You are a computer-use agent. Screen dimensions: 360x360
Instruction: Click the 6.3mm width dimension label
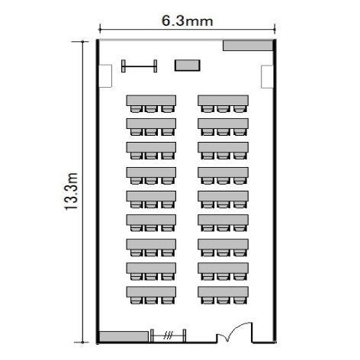click(x=187, y=21)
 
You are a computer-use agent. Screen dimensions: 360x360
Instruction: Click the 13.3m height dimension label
click(x=71, y=191)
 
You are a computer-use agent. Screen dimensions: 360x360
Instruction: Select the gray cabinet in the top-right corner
click(x=248, y=46)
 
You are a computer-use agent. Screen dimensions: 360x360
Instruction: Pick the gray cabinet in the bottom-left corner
click(x=124, y=336)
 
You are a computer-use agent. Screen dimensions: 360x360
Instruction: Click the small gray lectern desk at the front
click(x=188, y=66)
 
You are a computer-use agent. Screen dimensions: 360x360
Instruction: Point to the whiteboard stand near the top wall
click(x=139, y=66)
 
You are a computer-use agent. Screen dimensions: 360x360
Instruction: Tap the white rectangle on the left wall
click(x=105, y=76)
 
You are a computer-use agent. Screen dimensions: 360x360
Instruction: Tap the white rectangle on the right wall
click(x=267, y=77)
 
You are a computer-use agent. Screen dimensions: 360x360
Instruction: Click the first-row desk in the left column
click(x=151, y=101)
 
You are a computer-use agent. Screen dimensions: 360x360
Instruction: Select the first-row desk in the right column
click(x=223, y=101)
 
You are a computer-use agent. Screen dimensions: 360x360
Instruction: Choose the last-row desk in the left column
click(x=151, y=292)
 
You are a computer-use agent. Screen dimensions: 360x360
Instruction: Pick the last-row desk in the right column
click(x=223, y=292)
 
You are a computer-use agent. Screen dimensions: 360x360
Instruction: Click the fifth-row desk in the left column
click(x=151, y=196)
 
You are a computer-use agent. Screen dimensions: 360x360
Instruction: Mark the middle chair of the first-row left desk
click(x=151, y=109)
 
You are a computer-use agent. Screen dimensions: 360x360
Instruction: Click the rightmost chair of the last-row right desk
click(x=240, y=301)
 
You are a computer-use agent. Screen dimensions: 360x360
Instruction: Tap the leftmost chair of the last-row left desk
click(x=136, y=301)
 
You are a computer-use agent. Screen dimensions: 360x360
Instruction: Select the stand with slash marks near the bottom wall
click(x=168, y=336)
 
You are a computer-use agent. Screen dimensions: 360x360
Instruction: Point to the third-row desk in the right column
click(x=223, y=147)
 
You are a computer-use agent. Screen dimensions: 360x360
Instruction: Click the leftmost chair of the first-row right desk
click(x=207, y=109)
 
